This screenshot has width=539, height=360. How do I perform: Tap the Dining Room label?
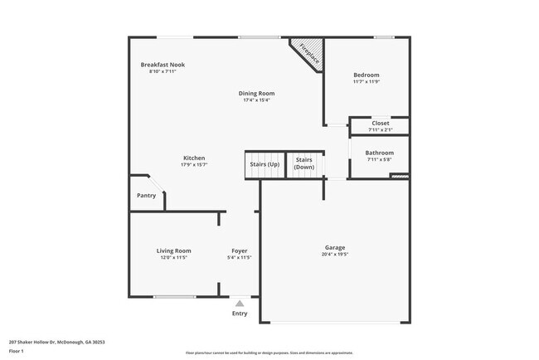click(258, 94)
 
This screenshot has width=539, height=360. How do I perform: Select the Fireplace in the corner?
click(308, 54)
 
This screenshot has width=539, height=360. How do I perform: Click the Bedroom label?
click(366, 75)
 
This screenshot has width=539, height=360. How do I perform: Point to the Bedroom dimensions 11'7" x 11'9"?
click(366, 81)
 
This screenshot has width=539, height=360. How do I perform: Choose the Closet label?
click(380, 124)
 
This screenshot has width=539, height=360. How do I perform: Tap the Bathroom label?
click(380, 153)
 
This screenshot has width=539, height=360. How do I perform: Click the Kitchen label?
click(194, 158)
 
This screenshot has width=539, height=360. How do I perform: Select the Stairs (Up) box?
click(264, 164)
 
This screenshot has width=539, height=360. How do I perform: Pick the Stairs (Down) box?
click(304, 164)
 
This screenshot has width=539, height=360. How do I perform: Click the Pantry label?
click(146, 196)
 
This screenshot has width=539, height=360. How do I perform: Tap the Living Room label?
click(174, 251)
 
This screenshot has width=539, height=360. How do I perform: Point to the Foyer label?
click(239, 251)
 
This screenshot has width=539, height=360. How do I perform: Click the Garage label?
click(335, 247)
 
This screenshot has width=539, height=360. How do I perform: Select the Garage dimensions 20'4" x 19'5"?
click(335, 254)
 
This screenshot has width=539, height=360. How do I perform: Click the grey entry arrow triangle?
click(240, 304)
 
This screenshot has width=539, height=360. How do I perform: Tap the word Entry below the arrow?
click(240, 314)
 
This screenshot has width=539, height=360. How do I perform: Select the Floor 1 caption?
click(17, 352)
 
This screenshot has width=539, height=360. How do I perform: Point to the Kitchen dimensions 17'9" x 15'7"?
click(194, 165)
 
